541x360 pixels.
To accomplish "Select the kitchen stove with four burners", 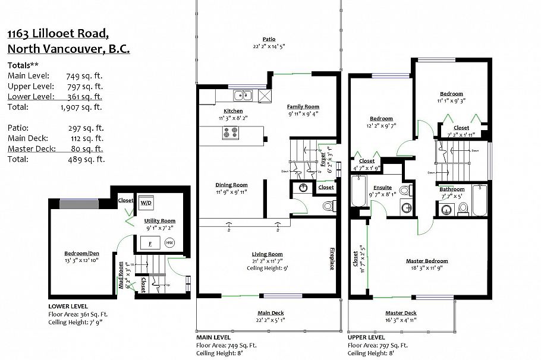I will pyautogui.click(x=232, y=133).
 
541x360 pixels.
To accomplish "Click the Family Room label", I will pyautogui.click(x=303, y=107).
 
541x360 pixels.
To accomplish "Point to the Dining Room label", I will pyautogui.click(x=231, y=185).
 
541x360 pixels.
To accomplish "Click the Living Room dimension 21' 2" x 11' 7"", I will pyautogui.click(x=267, y=261).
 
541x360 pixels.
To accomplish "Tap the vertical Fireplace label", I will pyautogui.click(x=331, y=258).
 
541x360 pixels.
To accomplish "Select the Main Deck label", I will pyautogui.click(x=270, y=313).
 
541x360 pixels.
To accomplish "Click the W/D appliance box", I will pyautogui.click(x=146, y=203).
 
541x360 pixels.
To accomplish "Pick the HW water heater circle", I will pyautogui.click(x=169, y=242).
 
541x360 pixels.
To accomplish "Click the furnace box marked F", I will pyautogui.click(x=149, y=243).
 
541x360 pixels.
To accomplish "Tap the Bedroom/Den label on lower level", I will pyautogui.click(x=81, y=254).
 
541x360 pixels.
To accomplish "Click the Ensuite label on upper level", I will pyautogui.click(x=382, y=188).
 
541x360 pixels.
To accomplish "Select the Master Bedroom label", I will pyautogui.click(x=427, y=261).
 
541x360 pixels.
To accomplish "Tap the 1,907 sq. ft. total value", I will pyautogui.click(x=81, y=108).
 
